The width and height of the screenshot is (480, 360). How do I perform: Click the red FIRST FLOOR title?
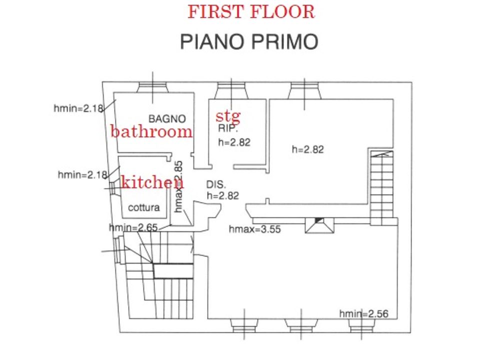(251, 12)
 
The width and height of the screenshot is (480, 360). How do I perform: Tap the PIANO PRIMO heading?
(249, 41)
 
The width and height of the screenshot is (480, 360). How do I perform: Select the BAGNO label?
(167, 119)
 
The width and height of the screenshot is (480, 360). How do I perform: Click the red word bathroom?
(151, 131)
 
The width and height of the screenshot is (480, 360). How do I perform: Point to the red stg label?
(228, 116)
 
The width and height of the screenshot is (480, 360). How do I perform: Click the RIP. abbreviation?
(228, 128)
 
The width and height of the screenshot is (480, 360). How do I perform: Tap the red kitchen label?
(152, 182)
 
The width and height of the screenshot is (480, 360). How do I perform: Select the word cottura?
(144, 207)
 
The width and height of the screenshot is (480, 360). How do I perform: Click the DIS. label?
(216, 184)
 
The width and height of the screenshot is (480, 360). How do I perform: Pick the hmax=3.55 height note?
(254, 229)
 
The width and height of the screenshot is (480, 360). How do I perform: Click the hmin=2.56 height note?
(363, 314)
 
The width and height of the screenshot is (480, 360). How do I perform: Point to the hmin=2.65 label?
(133, 227)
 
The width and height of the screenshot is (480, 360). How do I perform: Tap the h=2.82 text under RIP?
(234, 142)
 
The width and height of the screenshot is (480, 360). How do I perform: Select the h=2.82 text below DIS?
(223, 195)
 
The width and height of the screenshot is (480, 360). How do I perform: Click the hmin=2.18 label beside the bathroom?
(78, 108)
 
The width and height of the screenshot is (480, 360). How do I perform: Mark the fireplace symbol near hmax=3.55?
(319, 225)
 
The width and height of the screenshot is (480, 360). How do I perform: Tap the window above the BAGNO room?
(153, 87)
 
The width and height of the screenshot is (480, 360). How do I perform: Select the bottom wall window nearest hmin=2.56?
(361, 325)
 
